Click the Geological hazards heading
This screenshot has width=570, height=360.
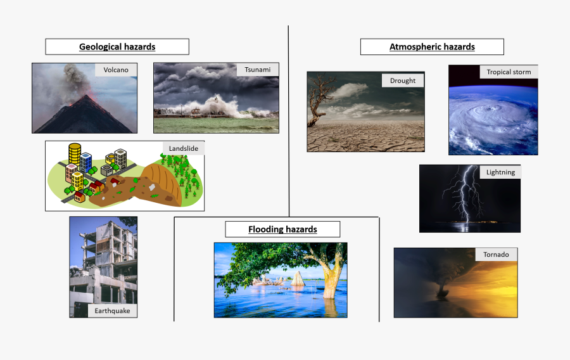pos(117,47)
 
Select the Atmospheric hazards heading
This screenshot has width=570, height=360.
pos(432,47)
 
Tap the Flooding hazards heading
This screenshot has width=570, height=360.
pos(282,229)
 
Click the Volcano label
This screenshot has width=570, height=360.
pos(116,70)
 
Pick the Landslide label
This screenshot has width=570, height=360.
pos(184,148)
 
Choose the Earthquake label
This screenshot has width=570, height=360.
pos(112,311)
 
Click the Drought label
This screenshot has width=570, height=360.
pos(403,80)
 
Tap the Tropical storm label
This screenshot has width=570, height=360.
pos(509,72)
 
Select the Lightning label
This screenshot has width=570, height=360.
pos(500,172)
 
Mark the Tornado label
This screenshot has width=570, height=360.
pos(496,255)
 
